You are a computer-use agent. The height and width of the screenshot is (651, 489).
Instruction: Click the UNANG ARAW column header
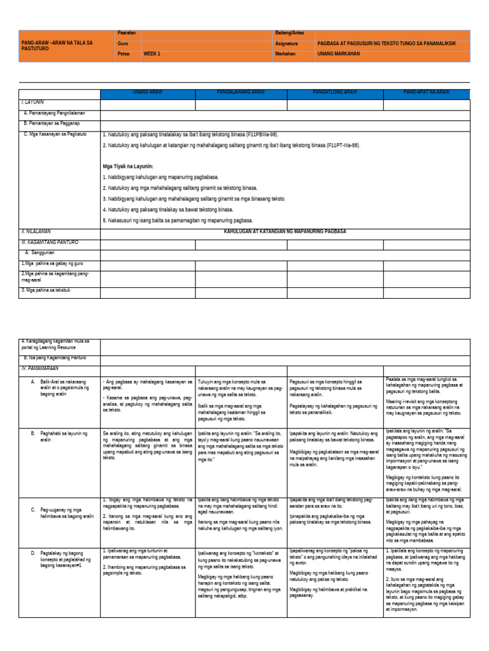tap(147, 93)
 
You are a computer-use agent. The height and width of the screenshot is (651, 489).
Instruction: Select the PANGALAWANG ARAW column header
tap(241, 93)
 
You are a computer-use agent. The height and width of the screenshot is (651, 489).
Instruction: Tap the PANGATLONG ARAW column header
tap(334, 93)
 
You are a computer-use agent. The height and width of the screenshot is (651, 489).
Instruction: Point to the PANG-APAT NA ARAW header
tap(426, 93)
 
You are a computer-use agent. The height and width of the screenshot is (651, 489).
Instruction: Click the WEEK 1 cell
tap(152, 55)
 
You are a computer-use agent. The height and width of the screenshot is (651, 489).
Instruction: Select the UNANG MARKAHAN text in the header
tap(339, 55)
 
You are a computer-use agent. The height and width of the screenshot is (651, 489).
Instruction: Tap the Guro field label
tap(123, 44)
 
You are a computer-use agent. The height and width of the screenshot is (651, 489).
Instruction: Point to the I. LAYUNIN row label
tap(32, 102)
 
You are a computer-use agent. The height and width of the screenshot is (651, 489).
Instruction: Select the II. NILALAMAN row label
tap(36, 232)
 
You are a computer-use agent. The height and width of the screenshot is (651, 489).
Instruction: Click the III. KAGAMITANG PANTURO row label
tap(50, 243)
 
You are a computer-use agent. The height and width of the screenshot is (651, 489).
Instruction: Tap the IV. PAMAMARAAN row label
tap(41, 368)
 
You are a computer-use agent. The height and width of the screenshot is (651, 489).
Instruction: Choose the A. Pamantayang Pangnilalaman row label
tap(53, 113)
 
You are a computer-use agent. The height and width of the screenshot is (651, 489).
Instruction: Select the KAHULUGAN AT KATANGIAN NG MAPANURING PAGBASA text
tap(285, 232)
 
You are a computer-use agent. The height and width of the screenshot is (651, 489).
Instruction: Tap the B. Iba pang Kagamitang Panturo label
tap(55, 358)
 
